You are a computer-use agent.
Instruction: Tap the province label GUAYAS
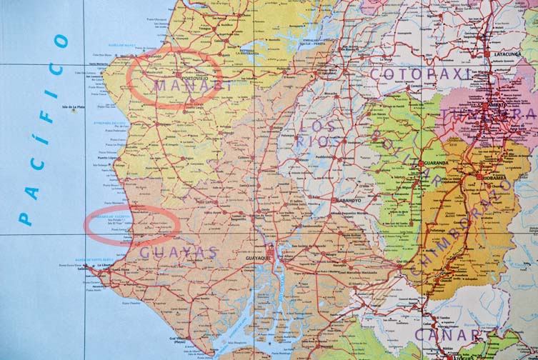click(x=179, y=252)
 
